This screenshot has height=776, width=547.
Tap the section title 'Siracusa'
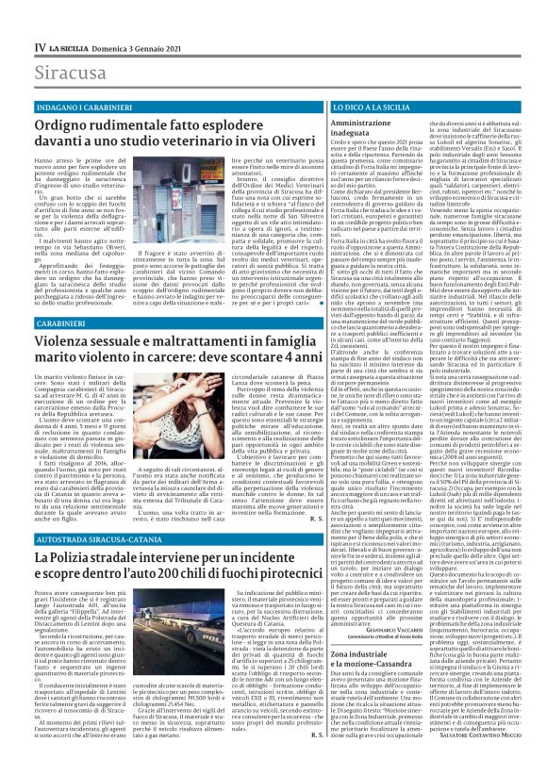[72, 72]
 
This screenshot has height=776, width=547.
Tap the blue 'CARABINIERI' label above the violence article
[66, 322]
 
